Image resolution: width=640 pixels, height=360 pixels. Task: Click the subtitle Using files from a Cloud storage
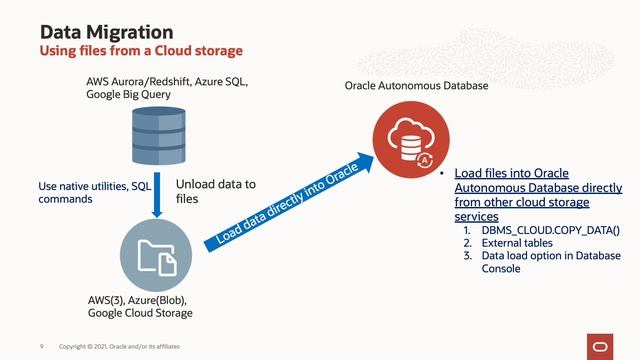pos(140,50)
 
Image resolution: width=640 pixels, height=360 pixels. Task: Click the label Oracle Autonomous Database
pos(416,87)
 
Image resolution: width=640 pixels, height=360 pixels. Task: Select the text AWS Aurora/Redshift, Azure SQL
pos(166,81)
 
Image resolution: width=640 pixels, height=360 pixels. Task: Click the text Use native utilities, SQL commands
pos(94,193)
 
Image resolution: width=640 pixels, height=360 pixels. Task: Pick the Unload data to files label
pos(216,192)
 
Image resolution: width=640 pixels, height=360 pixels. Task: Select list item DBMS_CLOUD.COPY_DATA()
pos(550,230)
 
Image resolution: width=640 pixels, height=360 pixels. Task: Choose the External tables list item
pos(521,243)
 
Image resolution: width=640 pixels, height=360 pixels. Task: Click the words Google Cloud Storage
pos(140,314)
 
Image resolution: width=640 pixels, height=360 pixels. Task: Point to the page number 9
pos(41,346)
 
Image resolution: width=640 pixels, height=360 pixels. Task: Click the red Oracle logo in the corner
pos(604,345)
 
